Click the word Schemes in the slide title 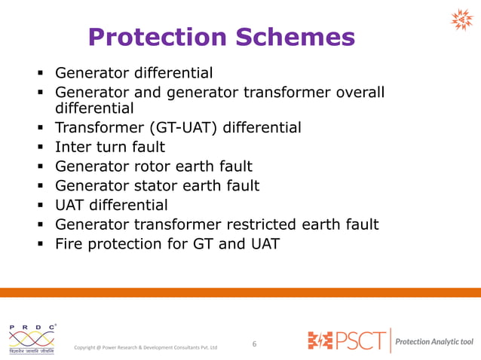pos(299,38)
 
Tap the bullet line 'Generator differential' pos(133,73)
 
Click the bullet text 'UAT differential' pos(112,205)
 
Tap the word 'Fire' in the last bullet pos(70,244)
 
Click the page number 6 pos(254,344)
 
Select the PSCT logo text pos(347,340)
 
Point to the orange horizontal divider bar pos(240,292)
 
